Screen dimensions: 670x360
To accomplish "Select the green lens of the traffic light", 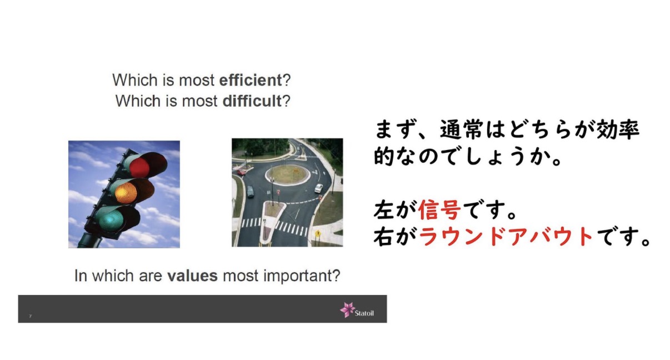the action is tap(111, 219).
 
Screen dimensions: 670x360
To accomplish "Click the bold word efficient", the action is tap(251, 80).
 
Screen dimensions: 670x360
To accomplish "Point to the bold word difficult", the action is tap(252, 101).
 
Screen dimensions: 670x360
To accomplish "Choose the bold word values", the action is tap(192, 276).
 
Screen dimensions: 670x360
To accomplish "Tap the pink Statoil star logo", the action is tap(347, 309).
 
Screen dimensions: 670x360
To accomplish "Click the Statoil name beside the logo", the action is tap(364, 313).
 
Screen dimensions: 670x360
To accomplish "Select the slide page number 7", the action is tap(30, 316).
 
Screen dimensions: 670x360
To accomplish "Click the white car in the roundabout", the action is tap(318, 188).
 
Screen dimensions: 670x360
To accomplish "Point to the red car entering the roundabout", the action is tap(241, 172).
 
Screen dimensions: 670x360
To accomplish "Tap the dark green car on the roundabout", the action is tap(251, 192).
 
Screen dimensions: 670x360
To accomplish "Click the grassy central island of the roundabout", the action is tap(287, 174).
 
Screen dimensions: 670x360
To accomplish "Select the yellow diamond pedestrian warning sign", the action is tap(318, 233).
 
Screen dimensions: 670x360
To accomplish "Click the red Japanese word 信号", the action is tap(439, 210).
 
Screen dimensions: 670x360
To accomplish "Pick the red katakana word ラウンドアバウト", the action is tap(506, 237).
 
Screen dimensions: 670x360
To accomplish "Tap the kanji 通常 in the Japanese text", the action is tap(462, 130).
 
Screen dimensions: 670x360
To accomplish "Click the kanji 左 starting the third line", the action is tap(384, 210).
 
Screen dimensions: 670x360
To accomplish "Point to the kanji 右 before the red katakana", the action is tap(384, 237).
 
